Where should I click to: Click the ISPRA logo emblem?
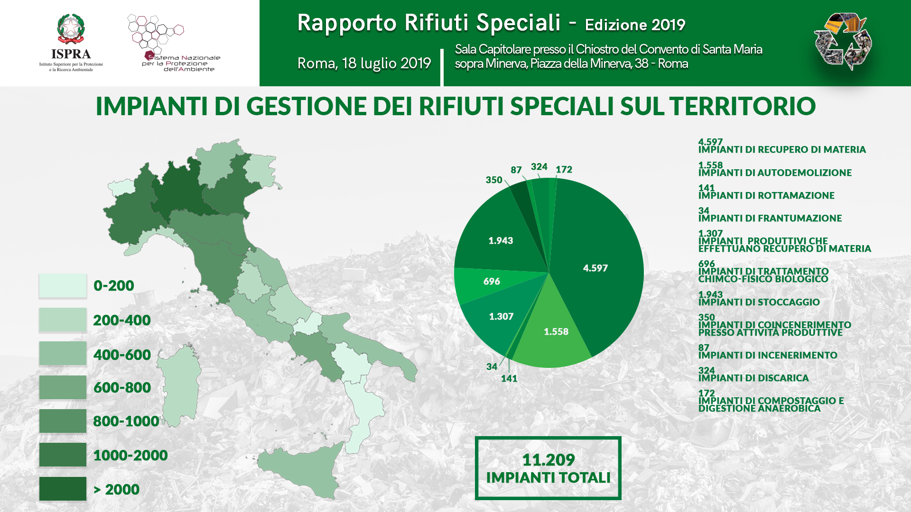coord(71,29)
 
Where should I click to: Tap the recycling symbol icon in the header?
coord(843,42)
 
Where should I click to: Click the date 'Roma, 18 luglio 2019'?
coord(364,63)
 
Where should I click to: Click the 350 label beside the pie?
coord(494,180)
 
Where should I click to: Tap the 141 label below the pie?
coord(509,378)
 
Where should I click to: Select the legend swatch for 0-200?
coord(63,285)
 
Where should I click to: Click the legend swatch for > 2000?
coord(63,489)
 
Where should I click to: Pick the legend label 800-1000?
coord(126,421)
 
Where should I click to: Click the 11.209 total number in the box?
coord(548,459)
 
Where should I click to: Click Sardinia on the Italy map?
coord(179,384)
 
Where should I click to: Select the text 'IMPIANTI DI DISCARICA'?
coord(753,378)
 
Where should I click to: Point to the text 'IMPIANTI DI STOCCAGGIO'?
coord(759,302)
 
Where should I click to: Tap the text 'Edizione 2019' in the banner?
coord(635,25)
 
